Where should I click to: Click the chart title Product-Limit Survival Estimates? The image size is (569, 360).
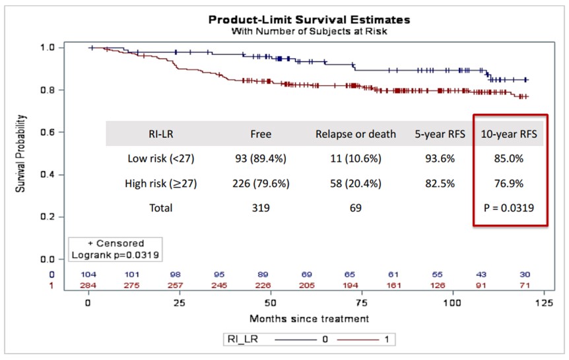pyautogui.click(x=309, y=20)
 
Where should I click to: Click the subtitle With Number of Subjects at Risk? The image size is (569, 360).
pyautogui.click(x=309, y=31)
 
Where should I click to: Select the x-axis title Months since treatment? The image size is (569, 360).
pyautogui.click(x=309, y=318)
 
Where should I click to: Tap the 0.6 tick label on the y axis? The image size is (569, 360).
pyautogui.click(x=48, y=132)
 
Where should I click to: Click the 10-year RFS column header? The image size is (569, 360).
pyautogui.click(x=509, y=134)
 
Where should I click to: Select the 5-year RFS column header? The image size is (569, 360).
pyautogui.click(x=440, y=134)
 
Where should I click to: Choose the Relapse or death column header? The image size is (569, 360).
pyautogui.click(x=356, y=134)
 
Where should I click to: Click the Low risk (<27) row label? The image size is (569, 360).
pyautogui.click(x=161, y=159)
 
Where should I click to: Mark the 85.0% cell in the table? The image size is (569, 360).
pyautogui.click(x=509, y=159)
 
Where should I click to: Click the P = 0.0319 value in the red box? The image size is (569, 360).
pyautogui.click(x=509, y=208)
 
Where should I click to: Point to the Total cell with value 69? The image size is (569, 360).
pyautogui.click(x=356, y=208)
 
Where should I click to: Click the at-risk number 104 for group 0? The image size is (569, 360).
pyautogui.click(x=88, y=274)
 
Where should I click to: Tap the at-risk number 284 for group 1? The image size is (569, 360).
pyautogui.click(x=88, y=285)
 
